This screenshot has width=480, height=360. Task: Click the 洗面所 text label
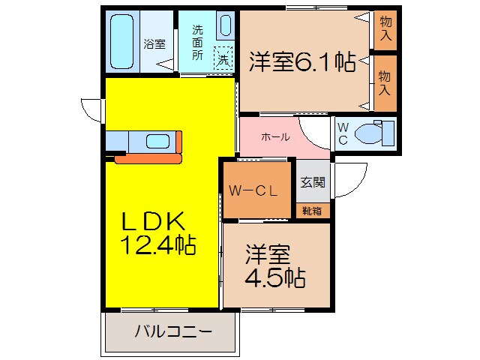pos(197,42)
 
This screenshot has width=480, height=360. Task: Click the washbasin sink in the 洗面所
pos(225,25)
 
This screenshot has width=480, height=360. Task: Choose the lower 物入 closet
pos(385,82)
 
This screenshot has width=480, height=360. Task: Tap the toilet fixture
pos(372,133)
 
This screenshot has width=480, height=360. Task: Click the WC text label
pos(342,133)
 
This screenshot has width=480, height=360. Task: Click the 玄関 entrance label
pos(313,181)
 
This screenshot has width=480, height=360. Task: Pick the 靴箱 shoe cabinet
pos(312,211)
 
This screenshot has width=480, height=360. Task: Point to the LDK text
pos(154,221)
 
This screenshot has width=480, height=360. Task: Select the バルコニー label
pos(174,331)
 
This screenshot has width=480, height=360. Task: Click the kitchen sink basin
pos(157,140)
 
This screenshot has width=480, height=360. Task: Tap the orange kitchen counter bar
pos(148,158)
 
